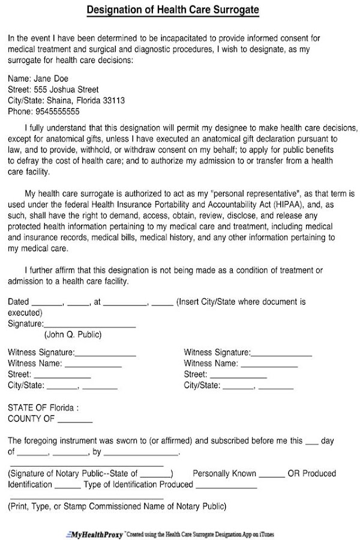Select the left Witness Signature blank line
tap(106, 353)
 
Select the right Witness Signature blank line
tap(281, 353)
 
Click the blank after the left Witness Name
tap(93, 364)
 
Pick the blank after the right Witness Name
tap(269, 364)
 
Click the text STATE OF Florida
tap(42, 407)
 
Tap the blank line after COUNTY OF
tap(75, 419)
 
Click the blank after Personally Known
tap(272, 475)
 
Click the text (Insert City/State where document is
tap(241, 302)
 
